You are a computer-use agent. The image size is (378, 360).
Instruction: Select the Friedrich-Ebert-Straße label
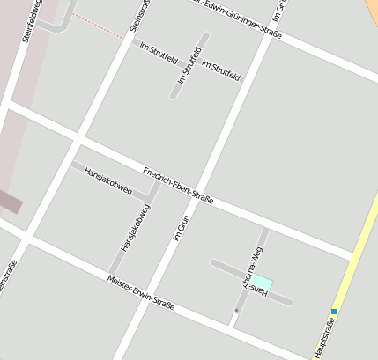point(178,185)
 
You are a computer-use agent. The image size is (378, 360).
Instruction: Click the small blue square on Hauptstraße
point(334,311)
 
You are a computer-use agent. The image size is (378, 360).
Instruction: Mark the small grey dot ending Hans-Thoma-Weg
point(236,311)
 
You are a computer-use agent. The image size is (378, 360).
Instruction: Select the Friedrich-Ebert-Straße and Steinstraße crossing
point(80,138)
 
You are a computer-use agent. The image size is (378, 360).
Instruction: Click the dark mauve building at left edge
point(9,202)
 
